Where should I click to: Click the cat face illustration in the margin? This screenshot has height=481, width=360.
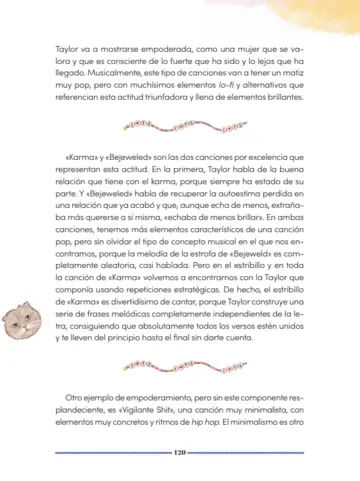(x=22, y=323)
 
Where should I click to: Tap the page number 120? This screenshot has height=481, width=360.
(x=180, y=451)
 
